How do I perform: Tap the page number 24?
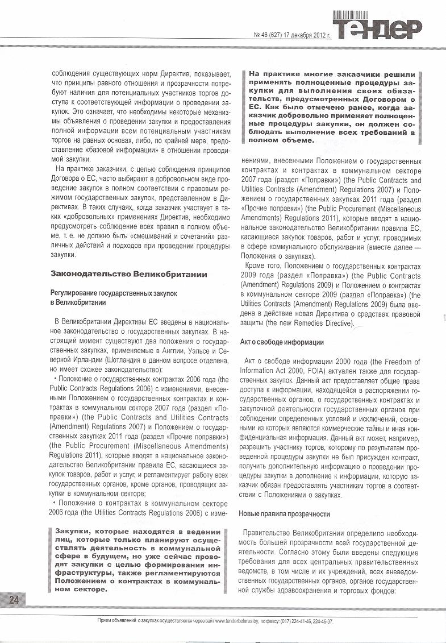pos(14,599)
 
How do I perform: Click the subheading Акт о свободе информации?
pos(282,342)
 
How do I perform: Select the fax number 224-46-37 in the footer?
pos(320,622)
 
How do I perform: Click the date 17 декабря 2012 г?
pos(309,35)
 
